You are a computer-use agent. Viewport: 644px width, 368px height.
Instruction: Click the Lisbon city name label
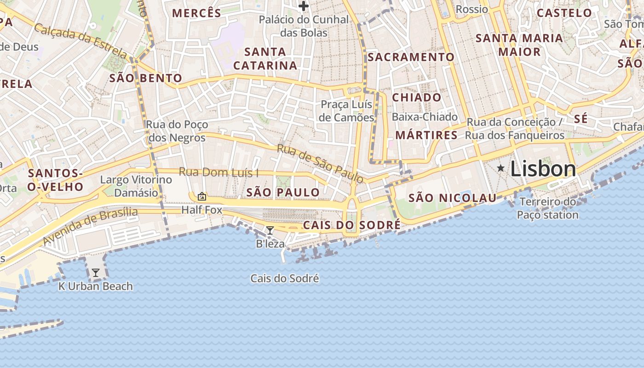click(x=543, y=169)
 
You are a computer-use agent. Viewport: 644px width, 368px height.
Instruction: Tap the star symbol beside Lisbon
click(x=500, y=168)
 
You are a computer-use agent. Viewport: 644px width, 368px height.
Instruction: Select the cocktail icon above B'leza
click(x=270, y=230)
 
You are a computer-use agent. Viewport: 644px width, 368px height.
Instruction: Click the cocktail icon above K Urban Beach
click(x=95, y=273)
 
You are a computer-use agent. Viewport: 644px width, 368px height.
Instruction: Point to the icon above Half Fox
click(x=201, y=197)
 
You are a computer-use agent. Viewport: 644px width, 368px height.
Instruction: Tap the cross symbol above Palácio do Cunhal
click(x=303, y=6)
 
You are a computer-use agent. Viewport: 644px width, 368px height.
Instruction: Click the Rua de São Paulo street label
click(x=320, y=163)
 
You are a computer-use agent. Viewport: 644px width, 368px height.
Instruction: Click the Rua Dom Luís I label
click(x=218, y=172)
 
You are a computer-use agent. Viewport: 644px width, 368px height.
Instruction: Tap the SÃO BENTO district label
click(x=145, y=78)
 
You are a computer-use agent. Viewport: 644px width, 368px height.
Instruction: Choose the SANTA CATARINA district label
click(x=265, y=58)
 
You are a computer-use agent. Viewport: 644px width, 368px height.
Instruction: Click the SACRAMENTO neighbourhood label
click(x=411, y=57)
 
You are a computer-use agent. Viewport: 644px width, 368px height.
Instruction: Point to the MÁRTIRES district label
click(x=426, y=135)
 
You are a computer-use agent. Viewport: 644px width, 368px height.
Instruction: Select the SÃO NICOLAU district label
click(x=453, y=198)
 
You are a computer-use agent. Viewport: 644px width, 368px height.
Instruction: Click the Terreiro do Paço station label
click(x=547, y=208)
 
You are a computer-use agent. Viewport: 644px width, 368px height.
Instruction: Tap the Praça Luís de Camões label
click(x=347, y=111)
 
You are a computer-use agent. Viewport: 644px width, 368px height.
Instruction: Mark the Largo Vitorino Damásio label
click(x=136, y=186)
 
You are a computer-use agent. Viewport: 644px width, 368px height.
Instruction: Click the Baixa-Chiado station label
click(x=425, y=117)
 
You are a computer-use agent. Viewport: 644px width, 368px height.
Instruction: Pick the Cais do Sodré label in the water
click(x=284, y=278)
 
